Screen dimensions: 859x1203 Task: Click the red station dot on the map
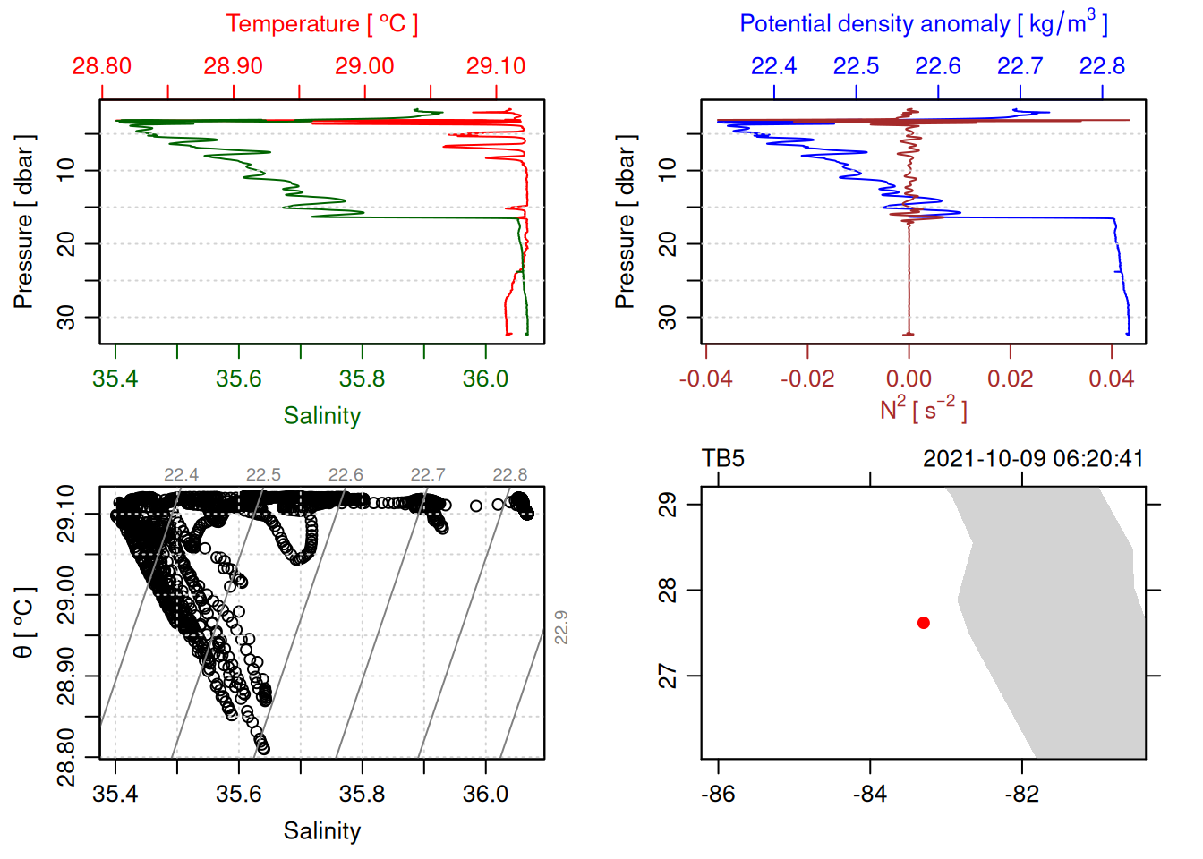tap(923, 623)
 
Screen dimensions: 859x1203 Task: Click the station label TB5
tap(723, 459)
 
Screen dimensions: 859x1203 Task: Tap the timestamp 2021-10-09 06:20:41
tap(1033, 459)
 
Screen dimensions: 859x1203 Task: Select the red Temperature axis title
tap(322, 24)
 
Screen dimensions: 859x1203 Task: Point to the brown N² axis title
tap(924, 409)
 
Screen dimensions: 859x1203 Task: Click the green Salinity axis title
tap(322, 416)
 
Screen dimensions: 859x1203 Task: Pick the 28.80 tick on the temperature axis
tap(102, 66)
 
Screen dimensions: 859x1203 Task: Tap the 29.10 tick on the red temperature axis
tap(496, 66)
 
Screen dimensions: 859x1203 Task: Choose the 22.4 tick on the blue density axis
tap(773, 66)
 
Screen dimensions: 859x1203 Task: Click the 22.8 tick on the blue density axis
tap(1102, 66)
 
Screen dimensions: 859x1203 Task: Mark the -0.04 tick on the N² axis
tap(705, 378)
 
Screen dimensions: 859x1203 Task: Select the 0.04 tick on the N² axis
tap(1112, 378)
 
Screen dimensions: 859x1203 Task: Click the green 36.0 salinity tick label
tap(485, 378)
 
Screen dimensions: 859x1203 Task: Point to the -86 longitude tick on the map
tap(718, 794)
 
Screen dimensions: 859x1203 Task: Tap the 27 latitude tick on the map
tap(669, 676)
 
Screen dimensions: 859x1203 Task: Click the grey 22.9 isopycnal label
tap(561, 627)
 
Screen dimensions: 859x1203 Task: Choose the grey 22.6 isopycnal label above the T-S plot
tap(346, 475)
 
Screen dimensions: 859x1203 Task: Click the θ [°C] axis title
tap(23, 623)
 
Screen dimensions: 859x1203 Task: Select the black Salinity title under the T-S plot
tap(322, 831)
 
